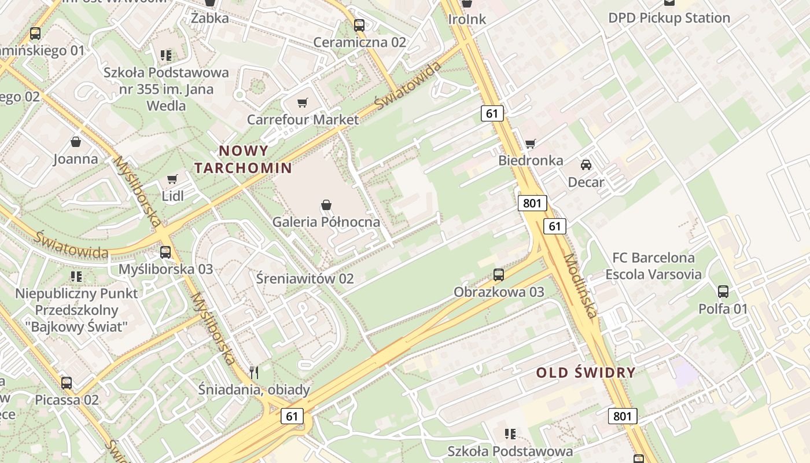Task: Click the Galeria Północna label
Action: [x=326, y=222]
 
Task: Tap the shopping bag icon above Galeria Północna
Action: [x=326, y=205]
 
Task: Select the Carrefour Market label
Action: [x=303, y=119]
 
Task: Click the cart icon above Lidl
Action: [x=172, y=179]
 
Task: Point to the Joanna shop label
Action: [x=76, y=159]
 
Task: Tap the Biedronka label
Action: [x=531, y=160]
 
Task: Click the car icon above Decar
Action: [x=586, y=165]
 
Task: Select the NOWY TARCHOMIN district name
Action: [x=243, y=159]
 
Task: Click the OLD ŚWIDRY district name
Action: [x=586, y=372]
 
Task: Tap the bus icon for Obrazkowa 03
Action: [x=499, y=275]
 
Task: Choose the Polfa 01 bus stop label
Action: [x=723, y=308]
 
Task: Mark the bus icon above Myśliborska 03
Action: [x=165, y=252]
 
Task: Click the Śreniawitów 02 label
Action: [x=304, y=278]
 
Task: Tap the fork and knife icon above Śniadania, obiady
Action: [x=253, y=372]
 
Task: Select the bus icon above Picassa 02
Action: [x=67, y=383]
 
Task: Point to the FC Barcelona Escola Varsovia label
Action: [x=653, y=266]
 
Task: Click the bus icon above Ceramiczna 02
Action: [x=359, y=25]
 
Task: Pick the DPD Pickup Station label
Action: [x=669, y=18]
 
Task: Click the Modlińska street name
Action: [x=580, y=286]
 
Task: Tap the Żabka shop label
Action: [x=209, y=18]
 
